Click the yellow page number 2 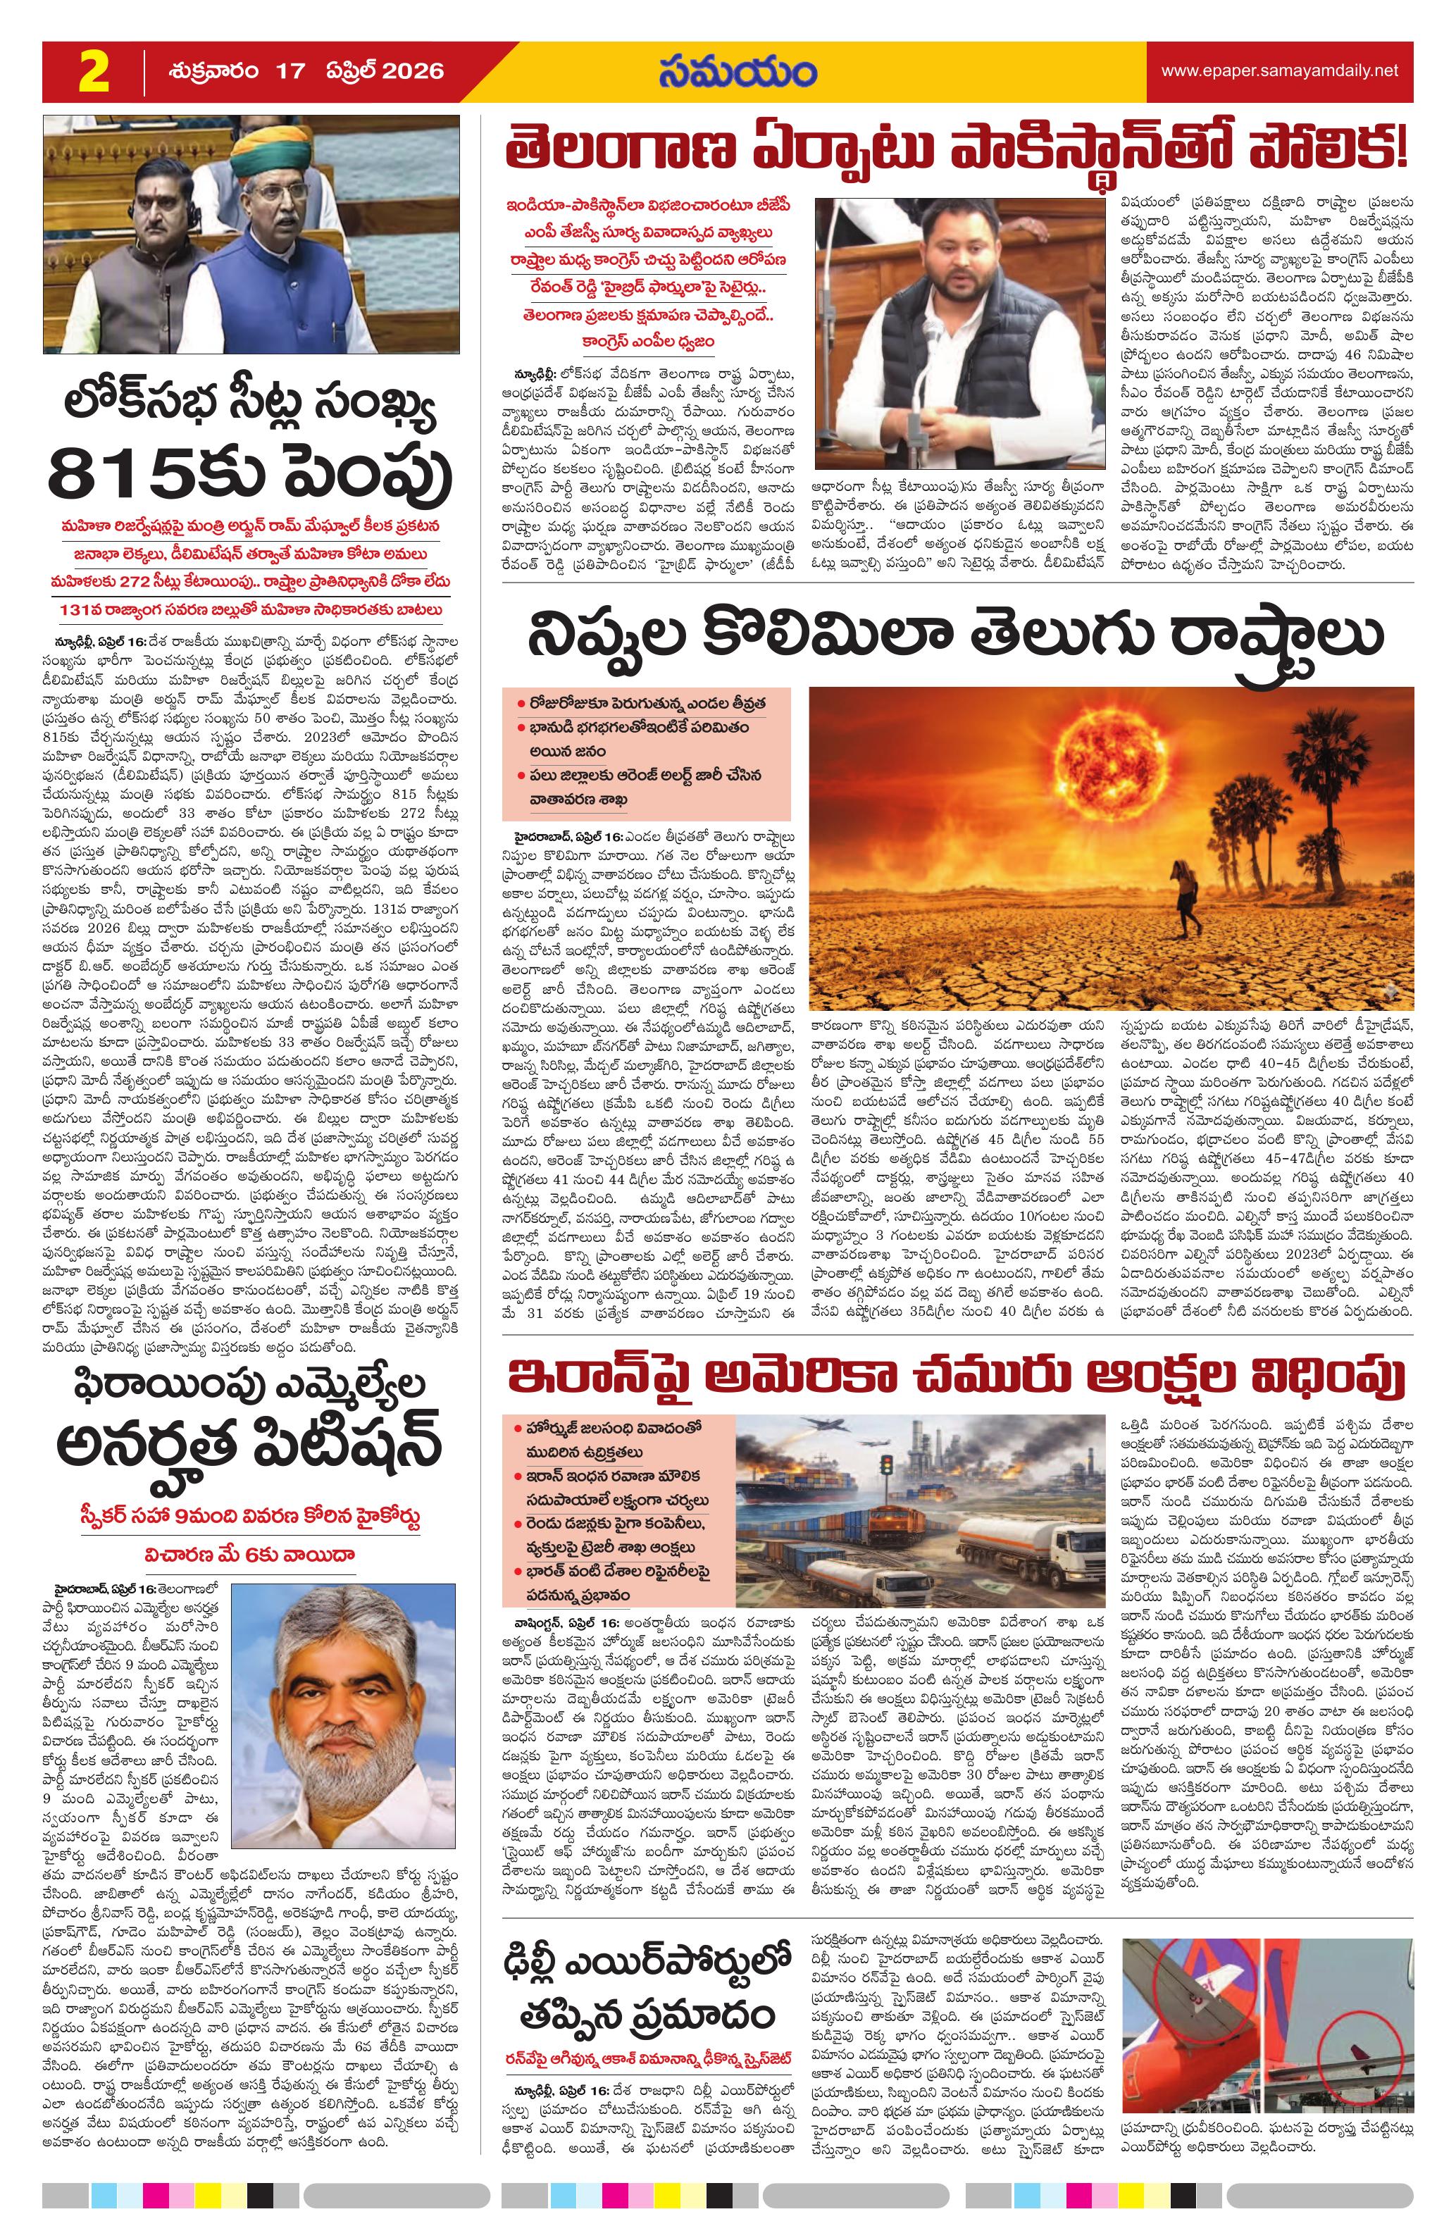(x=94, y=73)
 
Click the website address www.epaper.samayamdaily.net (x=1279, y=71)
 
